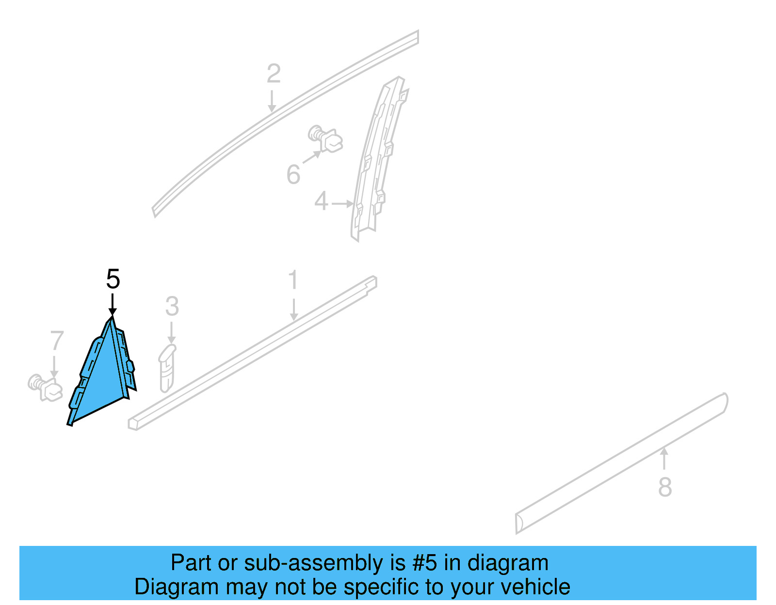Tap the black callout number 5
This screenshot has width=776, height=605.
point(113,279)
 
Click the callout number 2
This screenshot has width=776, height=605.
point(274,74)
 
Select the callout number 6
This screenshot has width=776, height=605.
point(293,174)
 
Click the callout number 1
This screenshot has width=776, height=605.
point(293,280)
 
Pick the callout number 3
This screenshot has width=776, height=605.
point(172,306)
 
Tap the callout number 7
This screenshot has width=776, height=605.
point(57,341)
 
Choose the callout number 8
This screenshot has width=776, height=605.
point(665,487)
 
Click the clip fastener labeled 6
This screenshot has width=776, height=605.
point(325,139)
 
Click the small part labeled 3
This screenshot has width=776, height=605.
point(167,368)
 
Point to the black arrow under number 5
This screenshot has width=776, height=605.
point(113,304)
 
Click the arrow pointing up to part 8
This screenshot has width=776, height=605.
point(664,459)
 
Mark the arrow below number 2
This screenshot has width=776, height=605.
point(272,101)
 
